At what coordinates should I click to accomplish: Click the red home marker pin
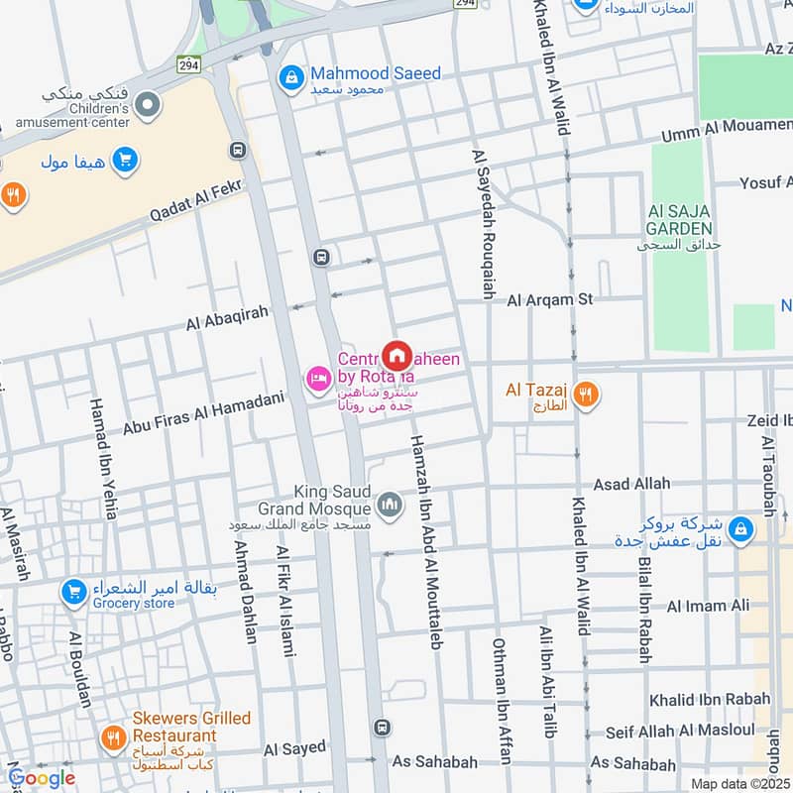pyautogui.click(x=397, y=356)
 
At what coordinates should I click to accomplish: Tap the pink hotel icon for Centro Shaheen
pyautogui.click(x=318, y=379)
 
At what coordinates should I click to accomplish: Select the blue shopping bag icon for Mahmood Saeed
pyautogui.click(x=291, y=75)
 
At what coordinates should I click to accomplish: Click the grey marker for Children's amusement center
pyautogui.click(x=148, y=103)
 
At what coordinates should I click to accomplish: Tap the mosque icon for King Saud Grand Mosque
pyautogui.click(x=391, y=505)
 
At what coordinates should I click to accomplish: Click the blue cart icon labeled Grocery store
pyautogui.click(x=72, y=593)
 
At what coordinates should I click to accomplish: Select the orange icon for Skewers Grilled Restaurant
pyautogui.click(x=112, y=738)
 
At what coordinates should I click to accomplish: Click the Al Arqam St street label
pyautogui.click(x=550, y=298)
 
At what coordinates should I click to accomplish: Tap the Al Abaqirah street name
pyautogui.click(x=228, y=318)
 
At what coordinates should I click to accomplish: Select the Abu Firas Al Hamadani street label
pyautogui.click(x=203, y=413)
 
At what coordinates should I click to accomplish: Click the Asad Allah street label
pyautogui.click(x=631, y=484)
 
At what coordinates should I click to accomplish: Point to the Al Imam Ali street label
pyautogui.click(x=708, y=606)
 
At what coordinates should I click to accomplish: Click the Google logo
pyautogui.click(x=42, y=778)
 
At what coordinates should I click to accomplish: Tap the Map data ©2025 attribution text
pyautogui.click(x=739, y=783)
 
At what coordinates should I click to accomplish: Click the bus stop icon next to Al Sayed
pyautogui.click(x=382, y=729)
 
